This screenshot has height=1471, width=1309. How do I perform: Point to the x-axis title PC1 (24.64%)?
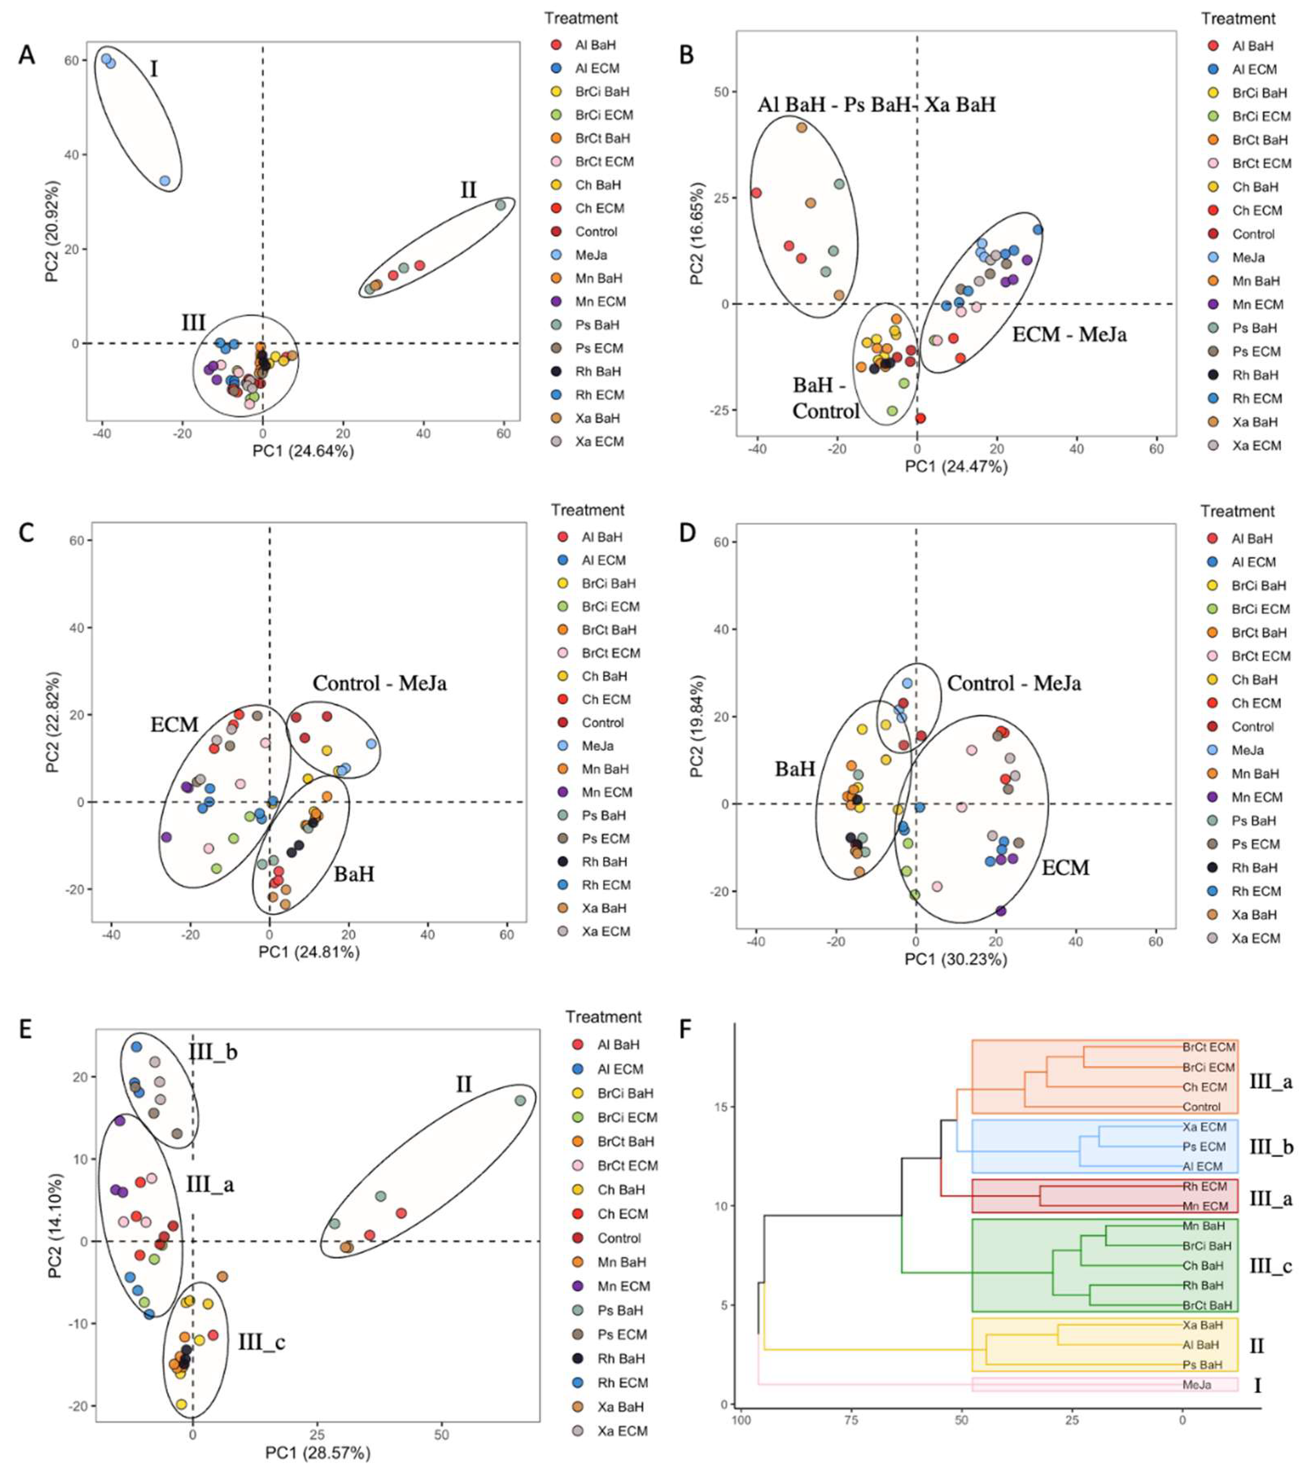pos(303,452)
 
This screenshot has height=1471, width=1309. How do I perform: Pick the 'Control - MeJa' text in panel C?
pos(379,683)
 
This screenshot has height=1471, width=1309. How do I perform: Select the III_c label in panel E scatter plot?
pos(262,1343)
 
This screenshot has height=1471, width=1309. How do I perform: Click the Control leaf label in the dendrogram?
pos(1202,1107)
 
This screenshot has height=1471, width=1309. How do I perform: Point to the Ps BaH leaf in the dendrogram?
pos(1202,1364)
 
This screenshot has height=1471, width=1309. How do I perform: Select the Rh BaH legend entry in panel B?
pos(1255,375)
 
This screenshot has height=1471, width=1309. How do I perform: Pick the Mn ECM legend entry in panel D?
pos(1257,798)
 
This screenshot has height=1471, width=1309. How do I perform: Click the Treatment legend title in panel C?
pos(587,510)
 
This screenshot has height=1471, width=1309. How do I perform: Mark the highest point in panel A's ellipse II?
pos(501,205)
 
